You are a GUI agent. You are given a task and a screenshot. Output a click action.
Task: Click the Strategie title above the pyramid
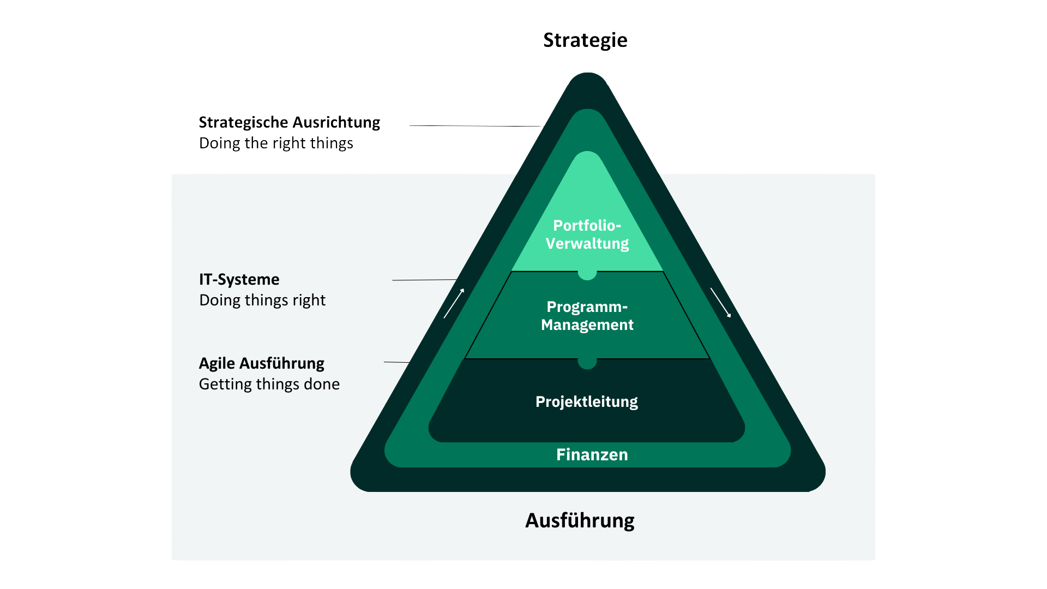585,40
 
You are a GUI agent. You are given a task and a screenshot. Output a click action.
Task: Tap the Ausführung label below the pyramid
579,520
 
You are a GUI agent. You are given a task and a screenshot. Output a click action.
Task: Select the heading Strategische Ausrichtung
289,122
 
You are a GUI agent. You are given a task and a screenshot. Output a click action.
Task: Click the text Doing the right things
276,143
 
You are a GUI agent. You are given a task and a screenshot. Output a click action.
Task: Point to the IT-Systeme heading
239,279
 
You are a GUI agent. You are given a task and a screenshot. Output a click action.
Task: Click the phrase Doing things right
262,300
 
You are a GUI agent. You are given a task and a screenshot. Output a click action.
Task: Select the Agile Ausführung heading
261,363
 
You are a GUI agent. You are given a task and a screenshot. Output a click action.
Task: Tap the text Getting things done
269,384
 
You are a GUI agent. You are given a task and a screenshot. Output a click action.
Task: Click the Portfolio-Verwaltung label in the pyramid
587,235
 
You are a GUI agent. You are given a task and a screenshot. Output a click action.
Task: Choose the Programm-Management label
587,316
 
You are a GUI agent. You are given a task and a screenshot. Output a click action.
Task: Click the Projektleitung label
587,402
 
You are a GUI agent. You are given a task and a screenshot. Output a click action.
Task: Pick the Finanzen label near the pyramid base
592,454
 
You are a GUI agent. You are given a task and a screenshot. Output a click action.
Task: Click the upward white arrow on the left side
454,304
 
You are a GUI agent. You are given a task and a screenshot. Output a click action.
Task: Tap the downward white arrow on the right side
720,303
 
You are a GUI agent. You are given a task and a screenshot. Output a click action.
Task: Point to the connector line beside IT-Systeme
424,280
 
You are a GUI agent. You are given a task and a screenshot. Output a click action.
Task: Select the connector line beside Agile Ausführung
396,362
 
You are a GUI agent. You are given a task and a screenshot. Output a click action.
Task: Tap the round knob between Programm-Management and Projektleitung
587,363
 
